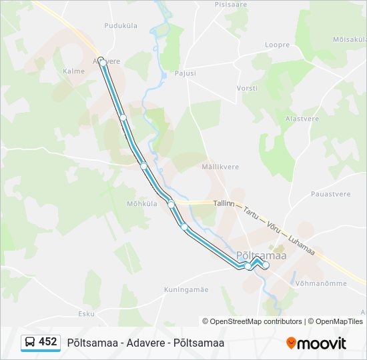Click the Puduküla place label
click(120, 25)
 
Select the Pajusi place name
click(185, 73)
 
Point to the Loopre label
click(277, 45)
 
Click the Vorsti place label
click(247, 88)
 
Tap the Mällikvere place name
click(217, 168)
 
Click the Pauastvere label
click(330, 194)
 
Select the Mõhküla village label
click(141, 204)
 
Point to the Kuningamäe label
click(186, 289)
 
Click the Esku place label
click(86, 313)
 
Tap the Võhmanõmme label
click(319, 283)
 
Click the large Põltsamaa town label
click(261, 255)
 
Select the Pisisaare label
click(231, 4)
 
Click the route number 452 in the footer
click(47, 342)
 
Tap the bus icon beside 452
click(30, 343)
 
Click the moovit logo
click(316, 343)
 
